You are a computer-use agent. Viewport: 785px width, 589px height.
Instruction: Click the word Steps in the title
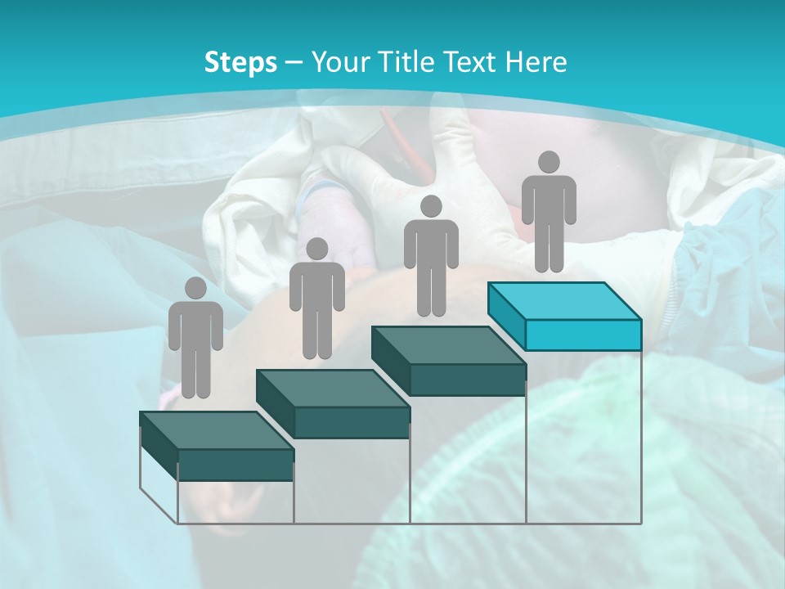(x=240, y=62)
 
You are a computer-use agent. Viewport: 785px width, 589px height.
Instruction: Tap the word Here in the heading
(x=536, y=62)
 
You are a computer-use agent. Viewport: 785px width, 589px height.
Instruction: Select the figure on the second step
(x=316, y=299)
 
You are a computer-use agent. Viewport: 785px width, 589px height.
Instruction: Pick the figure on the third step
(x=431, y=255)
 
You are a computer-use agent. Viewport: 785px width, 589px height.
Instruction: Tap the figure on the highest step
(x=549, y=211)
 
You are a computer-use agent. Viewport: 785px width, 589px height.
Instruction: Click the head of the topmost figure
(x=549, y=162)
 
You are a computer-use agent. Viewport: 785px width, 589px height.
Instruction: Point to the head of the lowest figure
(x=195, y=288)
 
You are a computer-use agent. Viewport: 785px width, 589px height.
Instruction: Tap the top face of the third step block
(x=448, y=345)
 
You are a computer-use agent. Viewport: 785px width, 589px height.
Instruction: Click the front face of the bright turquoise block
(x=583, y=334)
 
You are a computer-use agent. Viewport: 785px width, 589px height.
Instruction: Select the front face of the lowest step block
(x=235, y=465)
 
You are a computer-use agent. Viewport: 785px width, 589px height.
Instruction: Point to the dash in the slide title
(x=294, y=62)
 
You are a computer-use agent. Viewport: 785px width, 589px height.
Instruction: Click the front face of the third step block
(x=467, y=380)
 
